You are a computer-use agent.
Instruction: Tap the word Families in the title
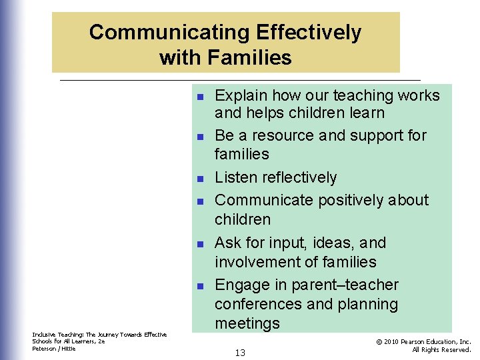coord(250,58)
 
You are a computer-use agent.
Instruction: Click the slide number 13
coord(240,353)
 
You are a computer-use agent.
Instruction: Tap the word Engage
coord(242,285)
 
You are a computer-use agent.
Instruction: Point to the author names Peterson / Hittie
coord(54,349)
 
